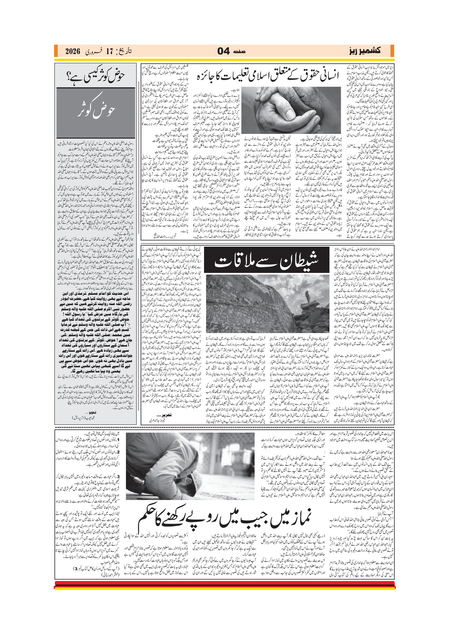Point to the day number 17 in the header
(109, 52)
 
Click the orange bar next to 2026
(56, 51)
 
